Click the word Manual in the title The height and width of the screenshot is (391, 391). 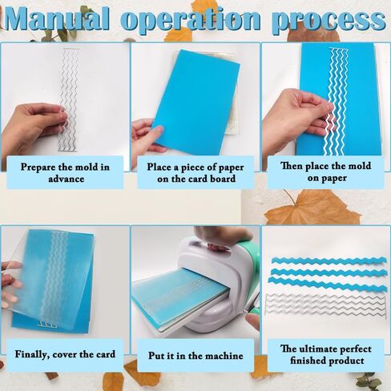(57, 18)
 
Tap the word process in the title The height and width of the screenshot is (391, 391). (330, 20)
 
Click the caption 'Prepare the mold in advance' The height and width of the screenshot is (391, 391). (65, 172)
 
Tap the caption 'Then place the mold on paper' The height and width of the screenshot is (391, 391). (326, 171)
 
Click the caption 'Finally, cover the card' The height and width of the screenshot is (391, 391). (65, 354)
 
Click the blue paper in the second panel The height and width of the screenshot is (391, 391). (197, 102)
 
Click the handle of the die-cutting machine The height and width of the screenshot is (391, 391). (219, 247)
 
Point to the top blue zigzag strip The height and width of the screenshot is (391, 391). (329, 261)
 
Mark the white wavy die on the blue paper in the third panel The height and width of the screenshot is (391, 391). (337, 102)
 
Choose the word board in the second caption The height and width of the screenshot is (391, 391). (223, 179)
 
